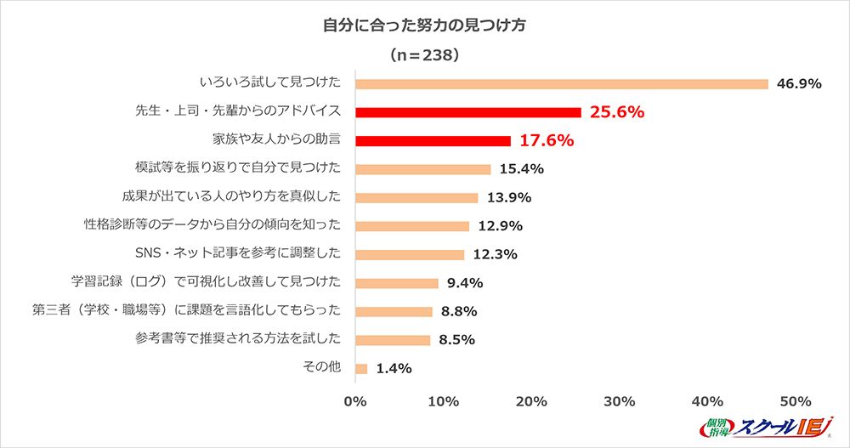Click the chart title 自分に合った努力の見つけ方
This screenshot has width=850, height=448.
pyautogui.click(x=424, y=26)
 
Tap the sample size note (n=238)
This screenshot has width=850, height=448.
pyautogui.click(x=424, y=55)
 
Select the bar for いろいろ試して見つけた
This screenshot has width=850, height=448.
pyautogui.click(x=561, y=83)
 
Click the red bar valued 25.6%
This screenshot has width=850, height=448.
pyautogui.click(x=467, y=112)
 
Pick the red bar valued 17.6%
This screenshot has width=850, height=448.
pyautogui.click(x=433, y=140)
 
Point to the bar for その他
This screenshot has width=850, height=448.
pyautogui.click(x=361, y=369)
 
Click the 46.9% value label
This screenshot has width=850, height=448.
pyautogui.click(x=799, y=83)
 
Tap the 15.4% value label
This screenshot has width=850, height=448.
pyautogui.click(x=522, y=169)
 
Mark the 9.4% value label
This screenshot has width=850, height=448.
pyautogui.click(x=465, y=283)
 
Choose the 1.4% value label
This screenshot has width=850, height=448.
pyautogui.click(x=394, y=369)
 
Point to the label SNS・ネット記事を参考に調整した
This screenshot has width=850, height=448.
pyautogui.click(x=238, y=252)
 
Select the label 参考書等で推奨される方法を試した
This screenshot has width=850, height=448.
pyautogui.click(x=238, y=338)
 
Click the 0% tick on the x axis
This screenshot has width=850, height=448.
pyautogui.click(x=354, y=400)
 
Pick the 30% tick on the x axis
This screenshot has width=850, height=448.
pyautogui.click(x=620, y=400)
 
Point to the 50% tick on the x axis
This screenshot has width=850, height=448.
pyautogui.click(x=796, y=400)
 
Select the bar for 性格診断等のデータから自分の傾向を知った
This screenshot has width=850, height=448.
pyautogui.click(x=412, y=226)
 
